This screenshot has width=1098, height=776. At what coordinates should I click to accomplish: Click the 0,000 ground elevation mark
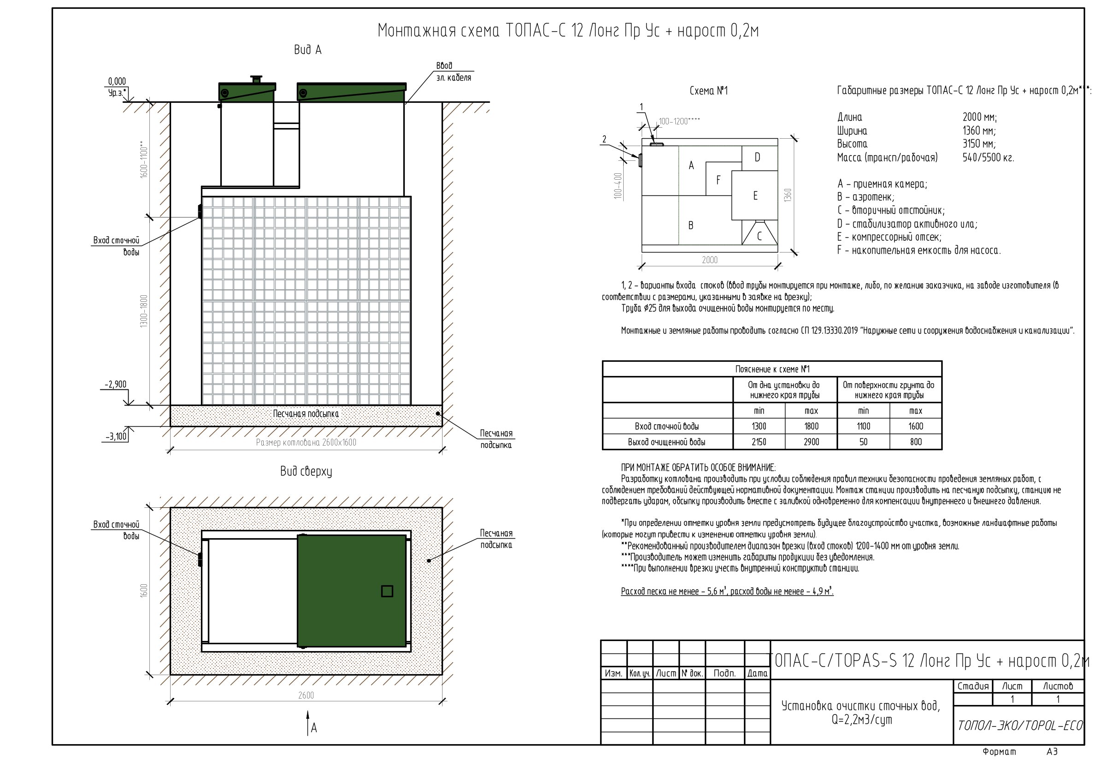(x=117, y=81)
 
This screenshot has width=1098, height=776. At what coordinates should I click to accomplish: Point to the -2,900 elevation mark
(x=116, y=384)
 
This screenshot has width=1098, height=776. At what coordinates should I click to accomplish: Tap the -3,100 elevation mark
(x=116, y=436)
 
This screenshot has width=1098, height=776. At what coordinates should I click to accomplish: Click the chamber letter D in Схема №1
(x=757, y=157)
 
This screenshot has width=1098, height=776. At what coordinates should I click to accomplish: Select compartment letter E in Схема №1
(x=755, y=195)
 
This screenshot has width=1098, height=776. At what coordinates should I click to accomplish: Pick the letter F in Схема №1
(x=718, y=180)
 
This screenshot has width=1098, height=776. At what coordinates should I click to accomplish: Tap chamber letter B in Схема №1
(x=691, y=225)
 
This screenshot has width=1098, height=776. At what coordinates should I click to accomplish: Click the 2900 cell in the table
(x=811, y=442)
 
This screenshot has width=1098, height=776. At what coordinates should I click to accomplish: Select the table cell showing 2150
(x=759, y=442)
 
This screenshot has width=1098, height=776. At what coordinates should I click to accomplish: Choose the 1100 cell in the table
(x=863, y=426)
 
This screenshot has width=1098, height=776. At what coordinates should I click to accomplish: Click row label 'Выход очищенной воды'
(x=667, y=442)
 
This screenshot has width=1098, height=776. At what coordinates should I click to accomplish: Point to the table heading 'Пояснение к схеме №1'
(x=772, y=369)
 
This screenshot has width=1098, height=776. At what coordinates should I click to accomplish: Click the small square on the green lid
(x=387, y=591)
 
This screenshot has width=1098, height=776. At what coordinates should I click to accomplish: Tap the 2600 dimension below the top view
(x=306, y=695)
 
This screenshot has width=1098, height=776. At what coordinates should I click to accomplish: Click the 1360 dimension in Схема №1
(x=788, y=195)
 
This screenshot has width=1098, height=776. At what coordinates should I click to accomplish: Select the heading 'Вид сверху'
(x=306, y=471)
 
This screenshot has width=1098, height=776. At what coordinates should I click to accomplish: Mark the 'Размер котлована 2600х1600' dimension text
(x=306, y=442)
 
